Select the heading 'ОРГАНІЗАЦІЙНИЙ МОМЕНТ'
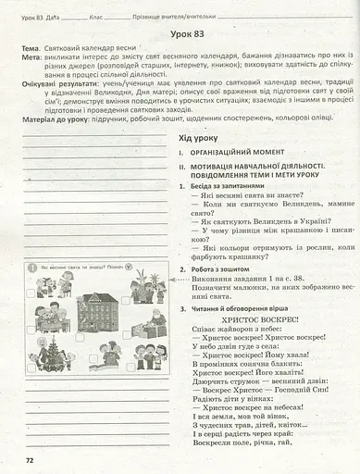[x=235, y=151]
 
